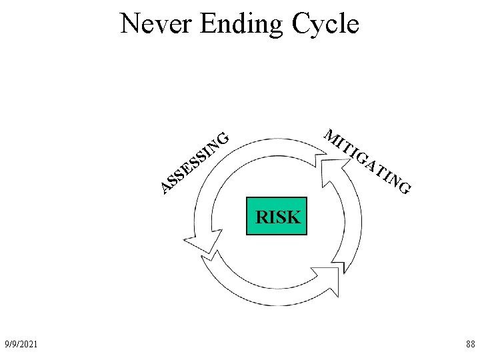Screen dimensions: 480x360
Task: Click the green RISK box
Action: coord(277,216)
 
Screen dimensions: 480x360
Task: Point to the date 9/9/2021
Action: coord(21,344)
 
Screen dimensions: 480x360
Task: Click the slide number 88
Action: coord(470,344)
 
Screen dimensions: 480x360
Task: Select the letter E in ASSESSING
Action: coord(187,167)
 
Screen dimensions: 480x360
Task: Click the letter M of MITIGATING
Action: coord(331,136)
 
